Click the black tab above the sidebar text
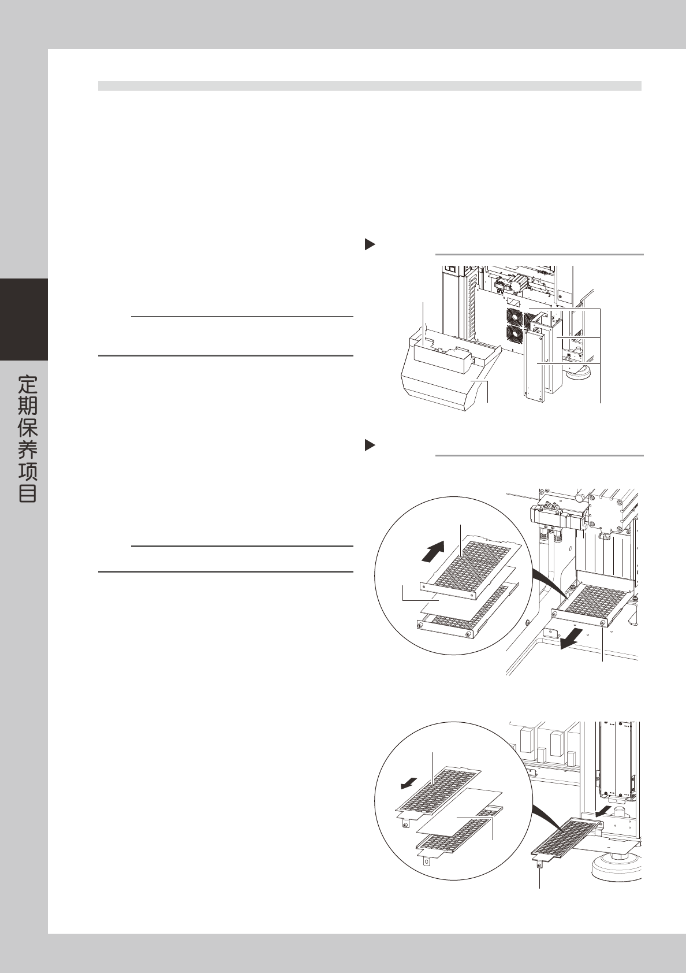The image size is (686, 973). [x=24, y=319]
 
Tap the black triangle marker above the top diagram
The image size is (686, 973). [x=370, y=244]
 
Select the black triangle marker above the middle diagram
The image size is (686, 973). [x=370, y=445]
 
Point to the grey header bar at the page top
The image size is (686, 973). [x=370, y=86]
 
